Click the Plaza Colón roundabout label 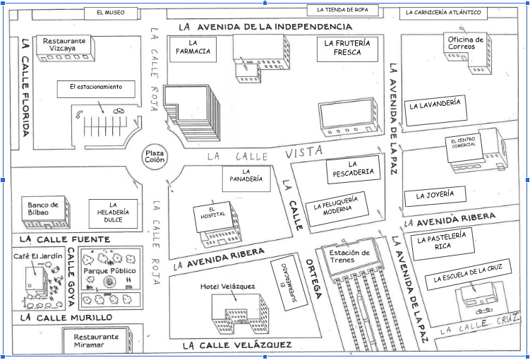click(x=155, y=156)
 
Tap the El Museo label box click(x=110, y=13)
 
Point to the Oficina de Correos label click(x=465, y=44)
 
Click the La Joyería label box click(x=435, y=195)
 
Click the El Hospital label click(x=211, y=215)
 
